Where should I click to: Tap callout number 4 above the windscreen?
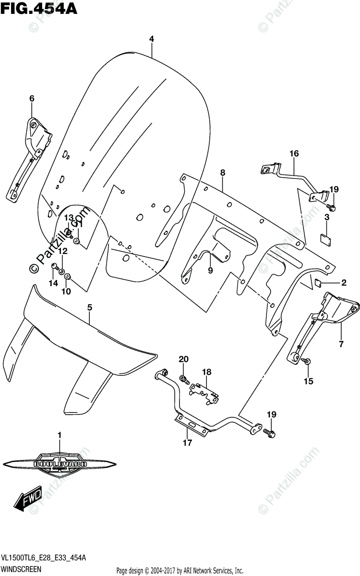click(151, 39)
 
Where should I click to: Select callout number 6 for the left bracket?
click(32, 98)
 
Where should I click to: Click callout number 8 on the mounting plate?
click(223, 172)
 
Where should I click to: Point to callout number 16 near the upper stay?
click(294, 154)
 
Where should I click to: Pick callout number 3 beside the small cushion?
click(326, 218)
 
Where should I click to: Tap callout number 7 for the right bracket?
click(341, 344)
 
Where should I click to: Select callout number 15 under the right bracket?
click(308, 382)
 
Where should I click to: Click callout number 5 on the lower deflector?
click(90, 307)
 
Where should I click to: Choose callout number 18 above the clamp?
click(206, 372)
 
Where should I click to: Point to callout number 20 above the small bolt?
click(182, 359)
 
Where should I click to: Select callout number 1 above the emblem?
click(60, 435)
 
